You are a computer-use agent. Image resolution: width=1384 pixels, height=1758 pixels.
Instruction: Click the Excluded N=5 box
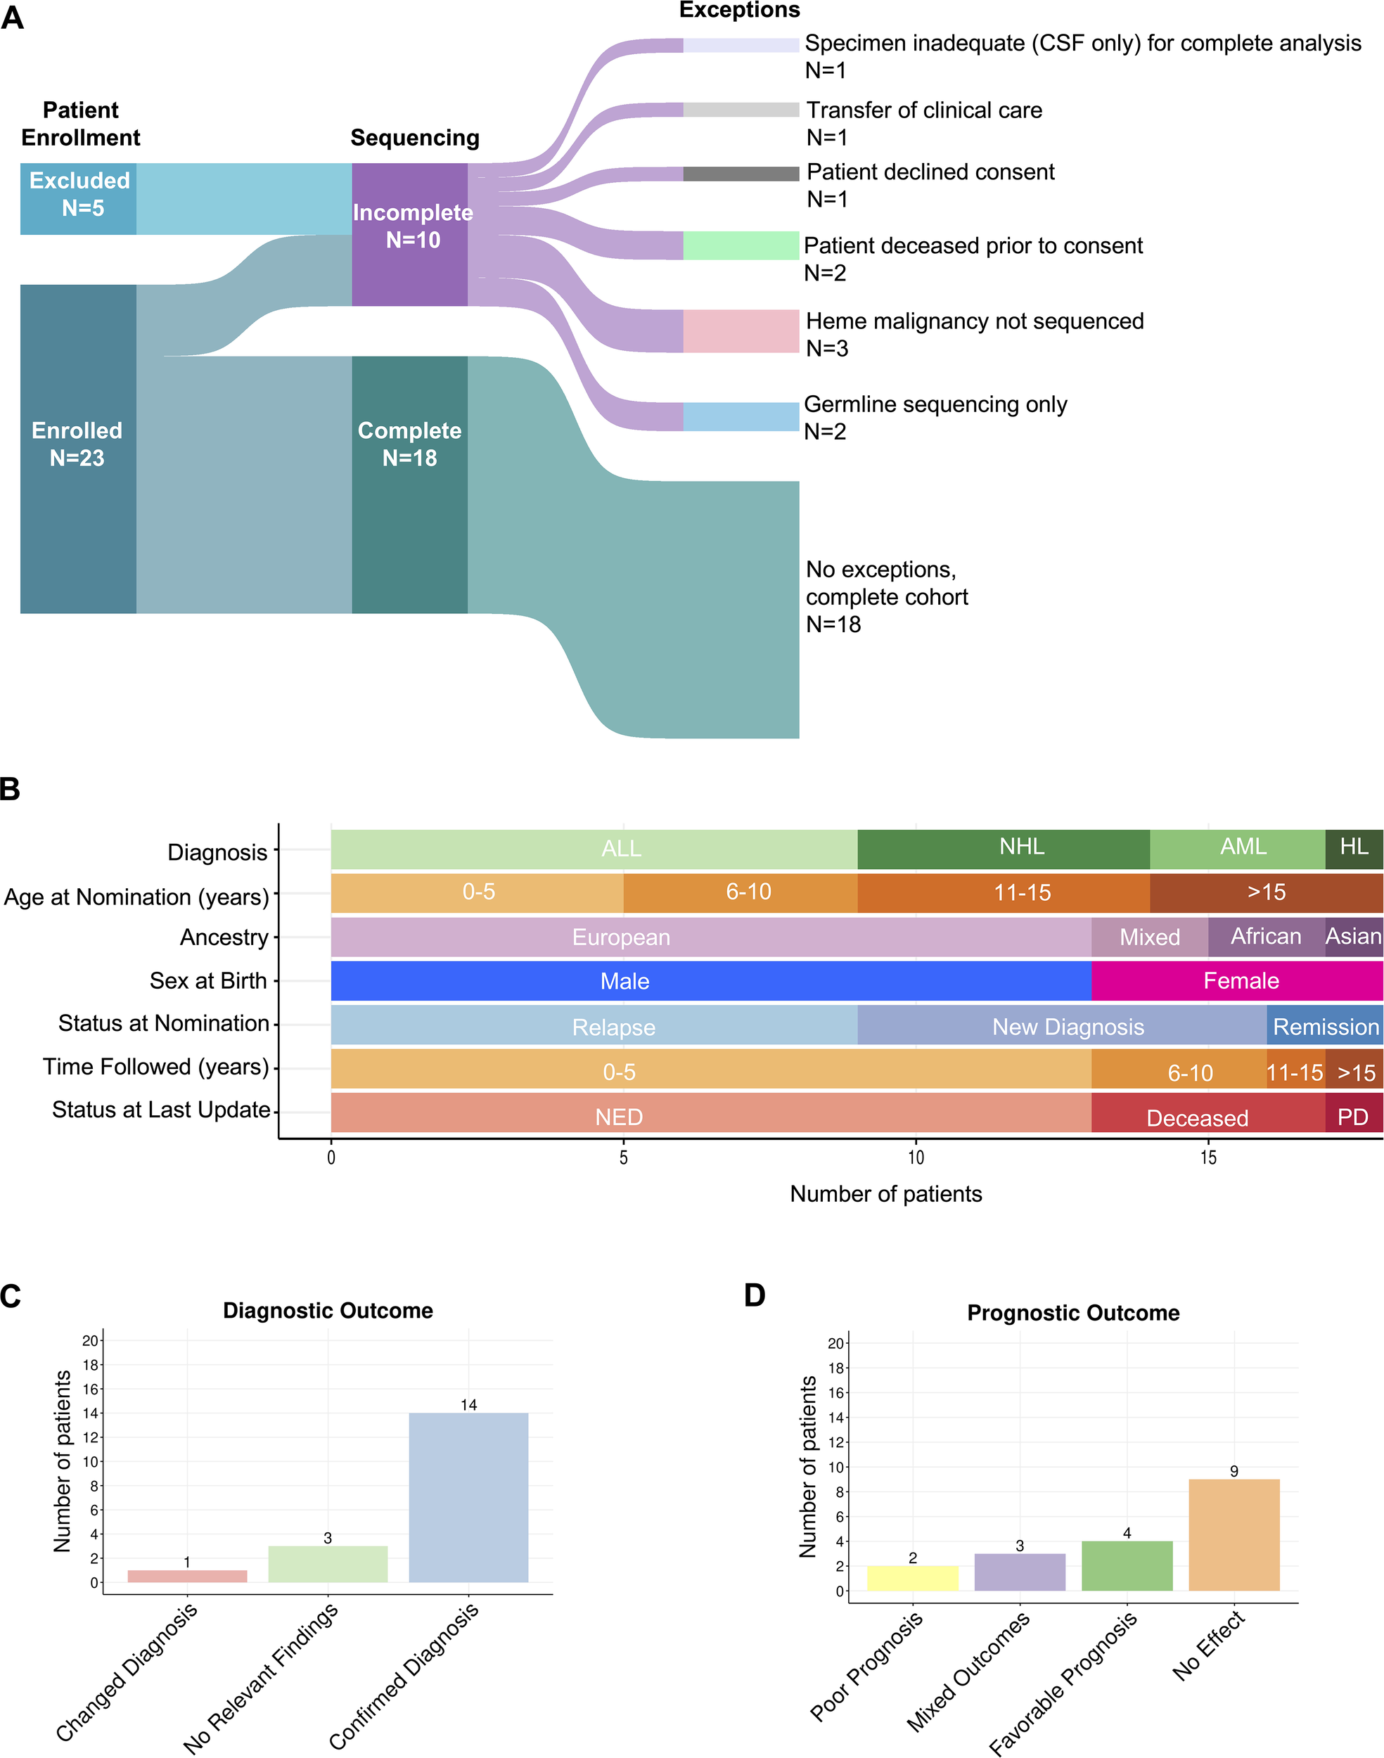pos(79,198)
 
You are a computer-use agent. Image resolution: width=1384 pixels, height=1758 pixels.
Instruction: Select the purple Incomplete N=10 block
pos(410,234)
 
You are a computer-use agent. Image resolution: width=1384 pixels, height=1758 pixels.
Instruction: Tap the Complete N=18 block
pos(410,484)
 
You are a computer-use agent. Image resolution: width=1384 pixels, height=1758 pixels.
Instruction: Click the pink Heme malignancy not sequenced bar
pos(741,331)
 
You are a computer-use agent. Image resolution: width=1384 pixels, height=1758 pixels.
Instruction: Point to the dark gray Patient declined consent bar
pos(741,174)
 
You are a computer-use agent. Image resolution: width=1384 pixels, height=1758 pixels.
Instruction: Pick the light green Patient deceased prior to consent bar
pos(741,245)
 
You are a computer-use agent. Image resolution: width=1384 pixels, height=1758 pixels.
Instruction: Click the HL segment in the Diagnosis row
pos(1353,848)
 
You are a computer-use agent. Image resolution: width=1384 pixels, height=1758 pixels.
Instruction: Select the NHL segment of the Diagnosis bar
pos(1003,848)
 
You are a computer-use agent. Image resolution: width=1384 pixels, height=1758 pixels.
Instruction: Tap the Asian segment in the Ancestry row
pos(1353,937)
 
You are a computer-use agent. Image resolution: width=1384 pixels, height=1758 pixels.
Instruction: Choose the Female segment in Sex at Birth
pos(1236,981)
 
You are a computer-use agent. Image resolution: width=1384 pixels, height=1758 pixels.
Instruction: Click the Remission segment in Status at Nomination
pos(1324,1026)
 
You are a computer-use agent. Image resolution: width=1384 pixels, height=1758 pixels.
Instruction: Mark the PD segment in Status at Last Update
pos(1353,1114)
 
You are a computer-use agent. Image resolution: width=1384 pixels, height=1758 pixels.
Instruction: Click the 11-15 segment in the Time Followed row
pos(1295,1070)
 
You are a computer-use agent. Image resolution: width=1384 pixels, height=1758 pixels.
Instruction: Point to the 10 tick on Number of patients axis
pos(916,1157)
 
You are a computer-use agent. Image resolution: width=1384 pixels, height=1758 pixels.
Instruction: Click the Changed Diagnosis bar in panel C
pos(187,1576)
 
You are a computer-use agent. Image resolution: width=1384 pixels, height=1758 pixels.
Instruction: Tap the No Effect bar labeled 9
pos(1234,1534)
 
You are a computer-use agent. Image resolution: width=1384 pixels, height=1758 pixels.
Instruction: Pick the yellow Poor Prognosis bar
pos(912,1578)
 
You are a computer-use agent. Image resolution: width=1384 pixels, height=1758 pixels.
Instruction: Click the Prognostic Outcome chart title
pos(1073,1312)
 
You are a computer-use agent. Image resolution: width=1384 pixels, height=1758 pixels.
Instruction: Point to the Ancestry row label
pos(224,937)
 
